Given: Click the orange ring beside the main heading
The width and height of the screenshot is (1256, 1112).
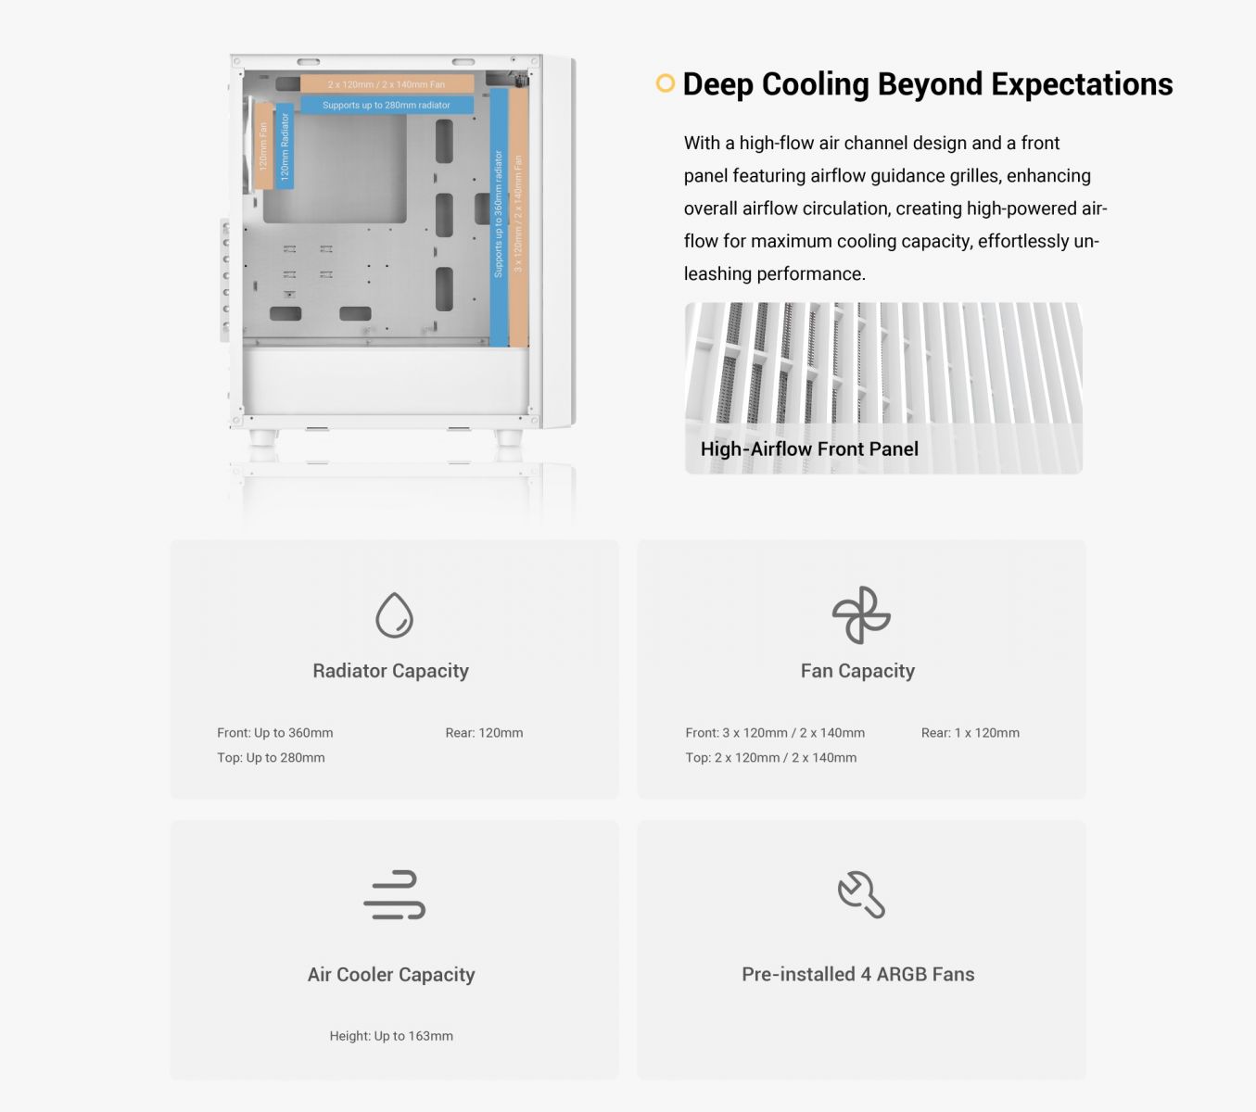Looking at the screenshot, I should tap(665, 83).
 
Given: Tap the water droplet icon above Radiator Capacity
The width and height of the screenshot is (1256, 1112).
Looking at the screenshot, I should tap(394, 615).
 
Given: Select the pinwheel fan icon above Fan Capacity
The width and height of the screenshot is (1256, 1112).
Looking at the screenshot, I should tap(860, 615).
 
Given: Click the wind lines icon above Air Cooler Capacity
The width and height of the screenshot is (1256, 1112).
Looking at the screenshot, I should tap(394, 895).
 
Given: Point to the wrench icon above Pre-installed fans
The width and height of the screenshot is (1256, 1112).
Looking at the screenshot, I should tap(861, 895).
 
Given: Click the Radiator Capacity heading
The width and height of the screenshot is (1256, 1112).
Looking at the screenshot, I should tap(390, 671).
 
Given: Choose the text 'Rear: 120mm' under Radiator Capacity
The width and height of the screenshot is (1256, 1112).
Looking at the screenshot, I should tap(484, 733).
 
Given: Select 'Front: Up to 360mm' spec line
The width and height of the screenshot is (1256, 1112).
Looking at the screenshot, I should tap(275, 733).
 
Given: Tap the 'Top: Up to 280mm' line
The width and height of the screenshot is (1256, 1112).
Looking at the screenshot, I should tap(271, 758).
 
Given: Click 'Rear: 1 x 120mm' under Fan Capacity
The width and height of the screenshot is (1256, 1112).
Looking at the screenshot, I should tap(970, 733).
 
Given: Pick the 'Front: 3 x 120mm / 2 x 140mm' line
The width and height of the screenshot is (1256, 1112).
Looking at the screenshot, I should tap(775, 733).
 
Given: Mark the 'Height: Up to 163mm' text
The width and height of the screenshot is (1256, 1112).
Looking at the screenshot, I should tap(391, 1036).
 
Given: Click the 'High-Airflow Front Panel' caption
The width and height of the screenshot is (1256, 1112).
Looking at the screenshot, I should tap(809, 449).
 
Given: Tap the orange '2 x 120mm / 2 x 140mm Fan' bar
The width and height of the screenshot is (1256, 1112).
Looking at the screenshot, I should tap(387, 84).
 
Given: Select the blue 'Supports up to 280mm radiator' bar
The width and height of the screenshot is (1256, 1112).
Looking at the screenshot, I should tap(387, 106).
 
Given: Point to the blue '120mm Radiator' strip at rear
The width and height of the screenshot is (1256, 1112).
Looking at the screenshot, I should tap(285, 146).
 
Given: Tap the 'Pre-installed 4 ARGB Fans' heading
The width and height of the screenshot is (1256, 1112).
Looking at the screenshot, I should tap(857, 975).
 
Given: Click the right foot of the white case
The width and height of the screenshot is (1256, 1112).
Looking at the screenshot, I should tap(508, 437).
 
